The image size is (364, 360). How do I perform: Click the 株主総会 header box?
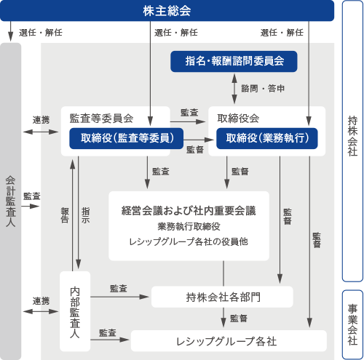[x=167, y=11]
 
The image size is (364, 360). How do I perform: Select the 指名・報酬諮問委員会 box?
[x=234, y=61]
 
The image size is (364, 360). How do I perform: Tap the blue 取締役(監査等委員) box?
[x=126, y=138]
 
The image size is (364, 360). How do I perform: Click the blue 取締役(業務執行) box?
[x=267, y=138]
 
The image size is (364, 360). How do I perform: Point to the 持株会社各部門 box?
[x=222, y=297]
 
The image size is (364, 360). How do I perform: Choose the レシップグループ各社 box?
[x=229, y=341]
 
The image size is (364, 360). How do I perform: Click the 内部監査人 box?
[x=75, y=311]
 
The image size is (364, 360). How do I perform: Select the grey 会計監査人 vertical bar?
[x=11, y=201]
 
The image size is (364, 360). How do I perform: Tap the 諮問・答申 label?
[x=263, y=89]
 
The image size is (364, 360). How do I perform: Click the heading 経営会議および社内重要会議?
[x=189, y=211]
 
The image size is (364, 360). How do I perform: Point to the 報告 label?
[x=65, y=215]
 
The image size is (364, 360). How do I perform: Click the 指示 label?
[x=85, y=215]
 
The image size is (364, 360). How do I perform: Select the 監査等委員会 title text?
[x=101, y=119]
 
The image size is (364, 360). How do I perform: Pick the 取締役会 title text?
[x=238, y=119]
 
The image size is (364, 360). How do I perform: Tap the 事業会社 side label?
[x=352, y=325]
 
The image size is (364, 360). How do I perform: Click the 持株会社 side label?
[x=352, y=136]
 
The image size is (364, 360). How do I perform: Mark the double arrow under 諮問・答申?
[x=234, y=89]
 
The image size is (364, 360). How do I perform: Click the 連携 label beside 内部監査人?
[x=41, y=301]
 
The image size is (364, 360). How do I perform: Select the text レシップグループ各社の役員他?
[x=189, y=241]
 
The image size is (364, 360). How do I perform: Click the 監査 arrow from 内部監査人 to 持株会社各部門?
[x=119, y=297]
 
